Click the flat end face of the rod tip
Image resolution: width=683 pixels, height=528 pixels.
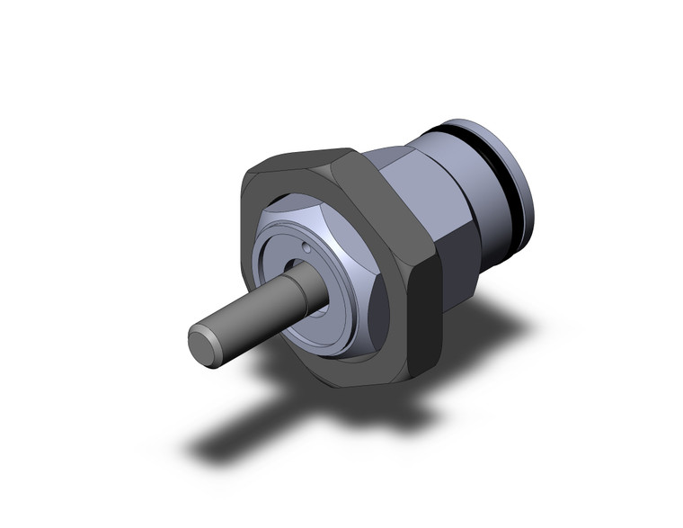203,345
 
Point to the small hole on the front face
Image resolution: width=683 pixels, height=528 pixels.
307,247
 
